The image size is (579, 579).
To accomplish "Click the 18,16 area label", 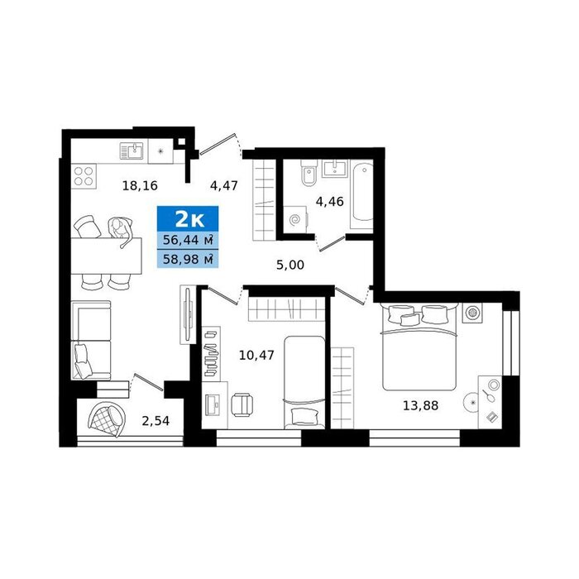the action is pyautogui.click(x=140, y=186).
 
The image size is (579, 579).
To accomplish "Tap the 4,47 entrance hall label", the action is pyautogui.click(x=224, y=185).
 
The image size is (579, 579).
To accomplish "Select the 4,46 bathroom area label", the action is pyautogui.click(x=329, y=202).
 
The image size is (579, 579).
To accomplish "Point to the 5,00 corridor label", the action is pyautogui.click(x=290, y=265).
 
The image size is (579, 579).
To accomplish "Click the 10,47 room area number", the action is pyautogui.click(x=256, y=356).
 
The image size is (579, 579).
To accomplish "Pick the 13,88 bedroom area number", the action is pyautogui.click(x=420, y=406).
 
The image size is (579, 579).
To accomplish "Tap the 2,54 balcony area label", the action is pyautogui.click(x=156, y=420).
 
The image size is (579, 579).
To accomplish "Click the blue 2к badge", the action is pyautogui.click(x=188, y=219).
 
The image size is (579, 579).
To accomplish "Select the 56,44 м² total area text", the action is pyautogui.click(x=188, y=241).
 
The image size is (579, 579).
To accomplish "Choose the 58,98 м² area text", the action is pyautogui.click(x=188, y=259).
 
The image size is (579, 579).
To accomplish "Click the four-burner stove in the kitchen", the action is pyautogui.click(x=84, y=175).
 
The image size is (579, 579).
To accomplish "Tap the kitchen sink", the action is pyautogui.click(x=132, y=151).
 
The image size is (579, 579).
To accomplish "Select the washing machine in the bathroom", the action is pyautogui.click(x=295, y=220).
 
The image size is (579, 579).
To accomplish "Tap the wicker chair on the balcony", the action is pyautogui.click(x=107, y=419).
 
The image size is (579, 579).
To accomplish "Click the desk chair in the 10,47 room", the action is pyautogui.click(x=242, y=404).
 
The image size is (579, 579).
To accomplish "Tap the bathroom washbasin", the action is pyautogui.click(x=335, y=169).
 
